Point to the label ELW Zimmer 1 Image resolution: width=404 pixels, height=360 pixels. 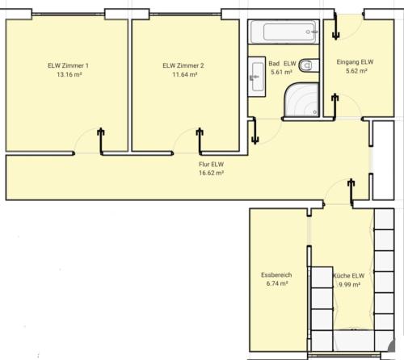point(69,65)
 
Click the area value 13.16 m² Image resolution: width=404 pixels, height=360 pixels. point(69,74)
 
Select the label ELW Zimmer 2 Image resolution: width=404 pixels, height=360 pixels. point(183,65)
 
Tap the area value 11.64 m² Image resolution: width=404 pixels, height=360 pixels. point(183,74)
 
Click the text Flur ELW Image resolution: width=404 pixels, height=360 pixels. point(212,164)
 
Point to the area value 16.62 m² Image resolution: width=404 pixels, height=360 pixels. point(212,173)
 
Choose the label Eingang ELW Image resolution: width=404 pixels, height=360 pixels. point(355,62)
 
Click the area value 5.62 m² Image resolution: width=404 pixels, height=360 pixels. point(355,71)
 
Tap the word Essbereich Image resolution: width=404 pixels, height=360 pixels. point(276,275)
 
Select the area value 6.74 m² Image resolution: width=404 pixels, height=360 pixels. point(276,284)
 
